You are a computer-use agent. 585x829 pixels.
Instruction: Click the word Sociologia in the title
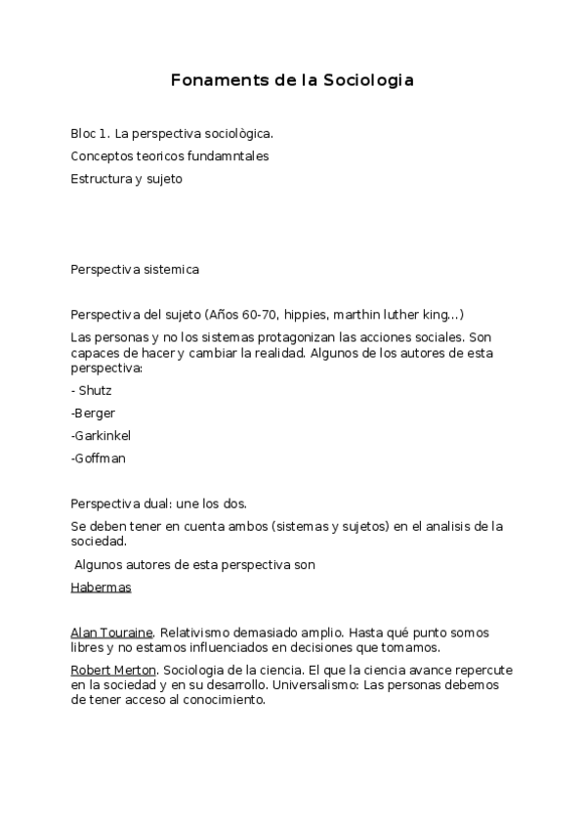[363, 80]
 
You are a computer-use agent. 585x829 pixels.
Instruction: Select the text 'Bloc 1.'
[90, 133]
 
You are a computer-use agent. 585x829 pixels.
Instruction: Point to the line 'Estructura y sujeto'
[126, 179]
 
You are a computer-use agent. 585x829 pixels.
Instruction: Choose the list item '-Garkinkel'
[101, 435]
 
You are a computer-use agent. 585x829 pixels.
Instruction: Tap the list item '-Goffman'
[98, 458]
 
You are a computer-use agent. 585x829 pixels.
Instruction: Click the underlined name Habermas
[101, 588]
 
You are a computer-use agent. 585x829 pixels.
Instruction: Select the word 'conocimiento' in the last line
[224, 700]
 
